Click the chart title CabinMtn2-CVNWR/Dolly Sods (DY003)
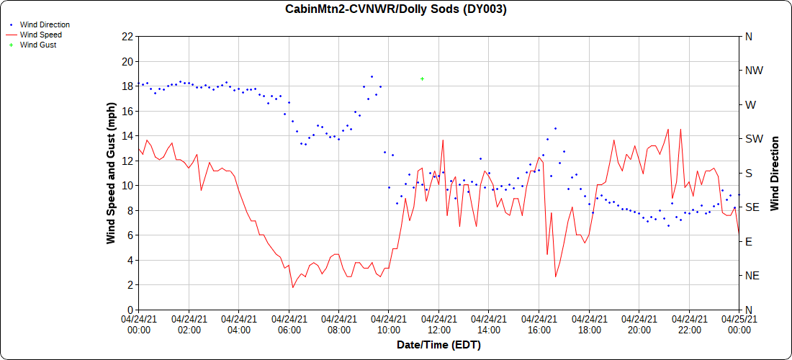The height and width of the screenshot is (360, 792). [396, 9]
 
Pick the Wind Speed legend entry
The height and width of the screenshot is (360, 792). [40, 35]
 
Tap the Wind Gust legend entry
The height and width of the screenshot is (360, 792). [38, 45]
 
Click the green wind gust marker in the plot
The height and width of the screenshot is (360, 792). [423, 78]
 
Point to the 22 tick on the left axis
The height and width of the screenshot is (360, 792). [127, 36]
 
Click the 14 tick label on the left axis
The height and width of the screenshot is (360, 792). [127, 135]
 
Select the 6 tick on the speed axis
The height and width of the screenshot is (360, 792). [130, 235]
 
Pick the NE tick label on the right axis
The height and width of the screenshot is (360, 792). [752, 276]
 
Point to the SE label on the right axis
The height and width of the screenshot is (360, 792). [751, 207]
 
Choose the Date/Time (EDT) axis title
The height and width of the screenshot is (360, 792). [438, 345]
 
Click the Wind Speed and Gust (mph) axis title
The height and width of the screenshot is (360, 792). [111, 173]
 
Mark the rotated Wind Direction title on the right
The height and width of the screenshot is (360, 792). [775, 173]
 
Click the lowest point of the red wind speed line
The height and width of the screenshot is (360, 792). [293, 287]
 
